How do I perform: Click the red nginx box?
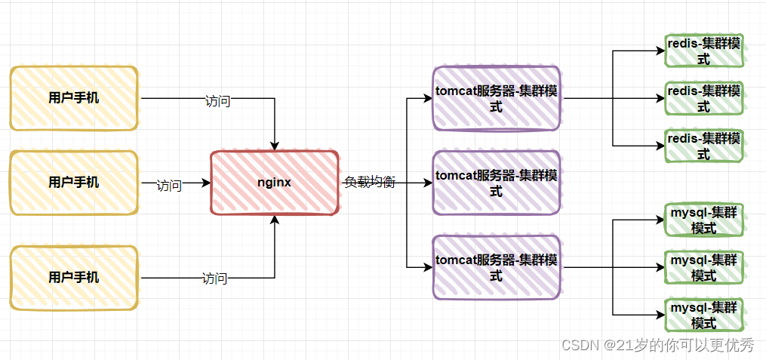click(274, 183)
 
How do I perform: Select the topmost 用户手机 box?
click(74, 98)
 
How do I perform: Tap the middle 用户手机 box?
click(74, 183)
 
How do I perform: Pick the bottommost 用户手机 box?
click(74, 277)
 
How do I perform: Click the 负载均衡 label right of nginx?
click(370, 183)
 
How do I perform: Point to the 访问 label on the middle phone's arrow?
click(169, 186)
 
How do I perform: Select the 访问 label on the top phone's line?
click(217, 101)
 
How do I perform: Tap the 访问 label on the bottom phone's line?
click(214, 278)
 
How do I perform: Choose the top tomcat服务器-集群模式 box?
click(496, 99)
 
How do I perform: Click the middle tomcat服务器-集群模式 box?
click(496, 183)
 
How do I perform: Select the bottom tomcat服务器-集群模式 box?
click(496, 268)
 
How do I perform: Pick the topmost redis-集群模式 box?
click(703, 52)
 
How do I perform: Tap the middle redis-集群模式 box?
click(703, 98)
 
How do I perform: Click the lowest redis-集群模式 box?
click(703, 146)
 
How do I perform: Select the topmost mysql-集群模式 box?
click(703, 220)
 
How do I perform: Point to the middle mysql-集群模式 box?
click(703, 268)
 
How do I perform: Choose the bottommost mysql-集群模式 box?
click(703, 315)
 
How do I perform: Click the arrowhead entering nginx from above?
click(275, 145)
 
